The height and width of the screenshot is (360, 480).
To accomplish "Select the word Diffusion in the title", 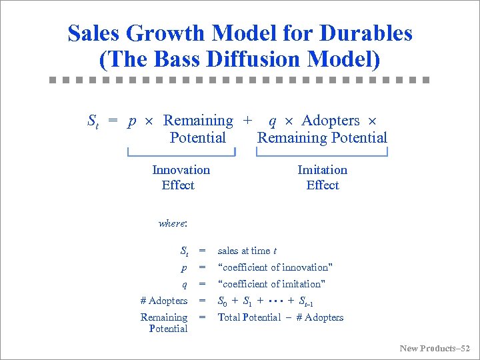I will pos(257,59).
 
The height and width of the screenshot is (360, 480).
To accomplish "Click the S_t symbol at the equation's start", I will pos(93,121).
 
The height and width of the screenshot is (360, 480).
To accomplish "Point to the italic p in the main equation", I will pos(132,121).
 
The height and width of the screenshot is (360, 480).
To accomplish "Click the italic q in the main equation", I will pos(272,121).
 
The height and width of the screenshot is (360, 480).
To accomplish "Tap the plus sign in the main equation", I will pos(248,121).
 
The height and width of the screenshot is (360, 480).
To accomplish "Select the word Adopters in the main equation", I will pos(330,121).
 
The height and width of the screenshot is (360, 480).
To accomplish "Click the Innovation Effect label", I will pos(180,177).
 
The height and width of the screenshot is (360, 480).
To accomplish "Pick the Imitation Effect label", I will pos(322,177).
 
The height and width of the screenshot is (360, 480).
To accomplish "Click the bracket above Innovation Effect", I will pos(181,154).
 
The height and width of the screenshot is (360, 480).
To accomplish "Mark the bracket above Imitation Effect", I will pos(322,154).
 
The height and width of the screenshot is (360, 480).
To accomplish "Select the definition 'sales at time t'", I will pos(247,251).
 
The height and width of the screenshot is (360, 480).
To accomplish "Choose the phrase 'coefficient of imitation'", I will pos(272,284).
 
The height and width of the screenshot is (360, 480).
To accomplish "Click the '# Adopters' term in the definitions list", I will pos(164,301).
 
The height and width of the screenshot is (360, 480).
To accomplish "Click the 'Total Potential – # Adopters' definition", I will pos(281,317).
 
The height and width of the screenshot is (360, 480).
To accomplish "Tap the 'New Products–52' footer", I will pos(435,348).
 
